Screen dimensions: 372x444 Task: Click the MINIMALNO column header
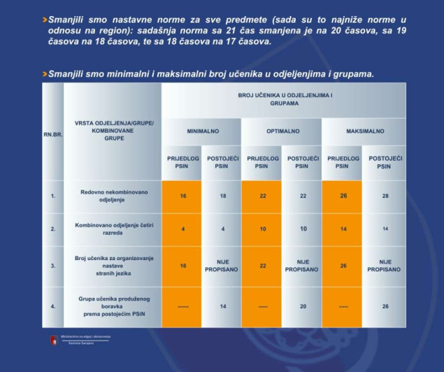click(203, 131)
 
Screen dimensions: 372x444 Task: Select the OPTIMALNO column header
click(282, 131)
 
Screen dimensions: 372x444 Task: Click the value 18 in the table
click(222, 196)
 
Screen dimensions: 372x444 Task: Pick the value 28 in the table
click(385, 196)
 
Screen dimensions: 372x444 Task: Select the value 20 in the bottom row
click(303, 306)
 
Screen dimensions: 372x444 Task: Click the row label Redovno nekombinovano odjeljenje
click(113, 196)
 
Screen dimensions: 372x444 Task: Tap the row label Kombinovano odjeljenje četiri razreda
click(113, 229)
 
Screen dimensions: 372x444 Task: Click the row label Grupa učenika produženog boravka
click(113, 306)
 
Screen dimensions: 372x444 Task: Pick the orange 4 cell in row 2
click(182, 229)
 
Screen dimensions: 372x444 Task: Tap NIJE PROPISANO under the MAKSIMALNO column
click(385, 266)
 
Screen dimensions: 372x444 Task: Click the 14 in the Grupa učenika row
click(222, 306)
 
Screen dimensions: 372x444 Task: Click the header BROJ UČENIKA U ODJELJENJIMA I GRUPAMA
click(282, 99)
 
